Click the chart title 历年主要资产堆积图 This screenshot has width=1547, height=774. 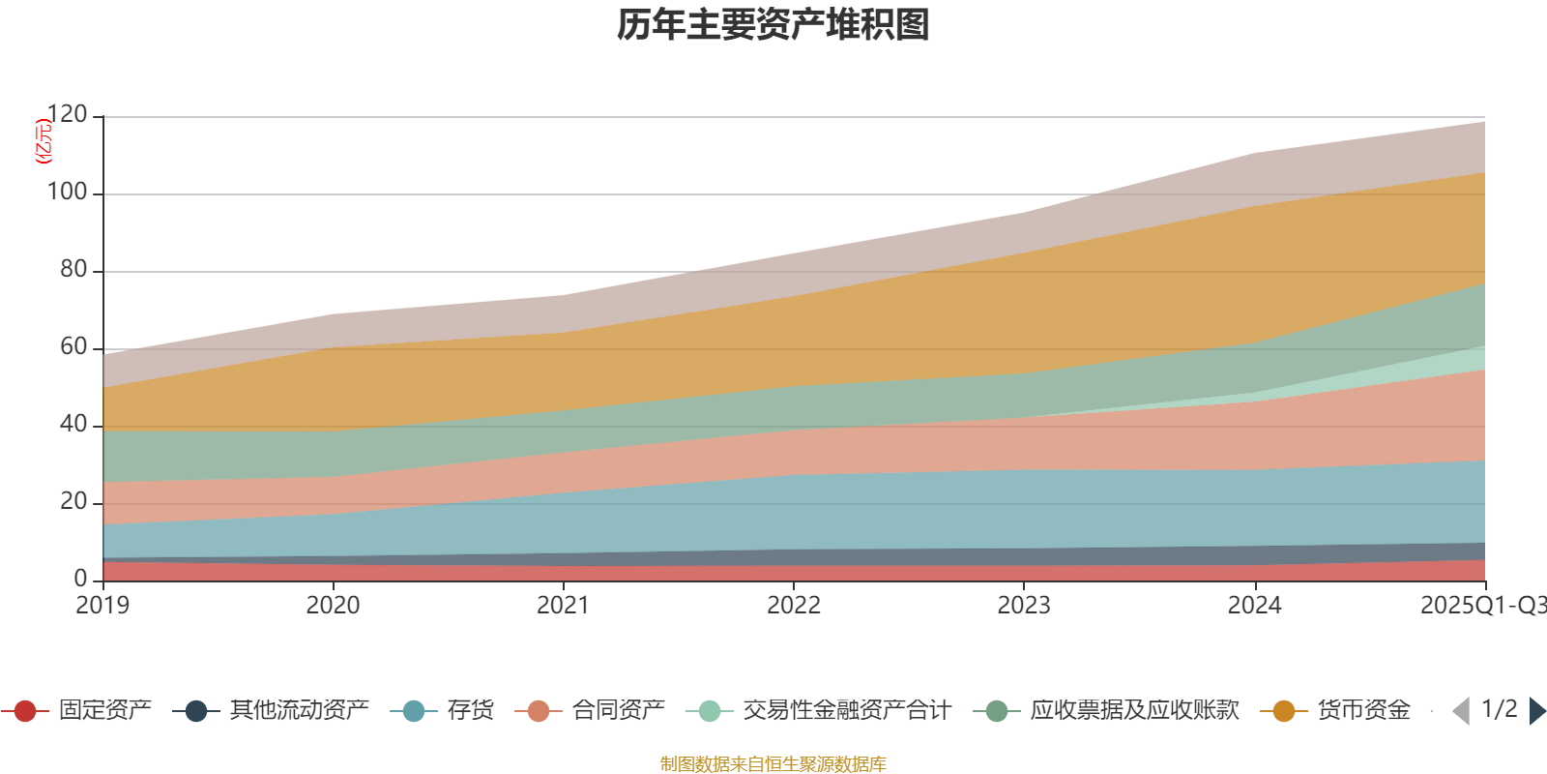coord(773,25)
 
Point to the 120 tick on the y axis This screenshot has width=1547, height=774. coord(68,115)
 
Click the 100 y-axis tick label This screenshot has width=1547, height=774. coord(68,193)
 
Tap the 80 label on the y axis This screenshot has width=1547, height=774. coord(73,270)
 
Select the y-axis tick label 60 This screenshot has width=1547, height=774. coord(73,347)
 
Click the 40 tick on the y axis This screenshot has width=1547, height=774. coord(73,425)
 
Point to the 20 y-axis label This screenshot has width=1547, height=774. coord(73,502)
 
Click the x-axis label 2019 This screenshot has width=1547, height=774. coord(102,606)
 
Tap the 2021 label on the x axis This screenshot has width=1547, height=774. coord(563,606)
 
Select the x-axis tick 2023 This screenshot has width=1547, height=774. coord(1024,606)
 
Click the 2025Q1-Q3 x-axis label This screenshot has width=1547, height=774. coord(1481,606)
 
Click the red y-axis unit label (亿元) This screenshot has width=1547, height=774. coord(44,141)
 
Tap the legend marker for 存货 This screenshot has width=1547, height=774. coord(414,711)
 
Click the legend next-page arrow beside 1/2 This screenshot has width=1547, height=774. coord(1536,711)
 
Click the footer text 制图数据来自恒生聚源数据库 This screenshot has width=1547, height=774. coord(773,764)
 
